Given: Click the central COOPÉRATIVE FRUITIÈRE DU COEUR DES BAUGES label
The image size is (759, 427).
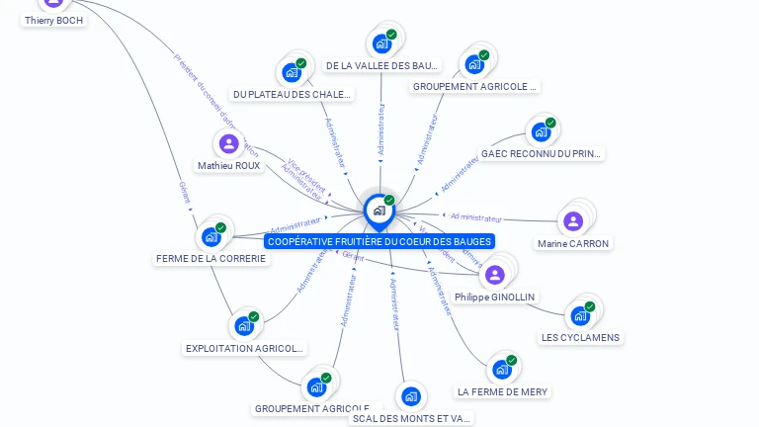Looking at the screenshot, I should coord(379,241).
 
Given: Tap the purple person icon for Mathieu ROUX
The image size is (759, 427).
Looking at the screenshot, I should coord(229,144).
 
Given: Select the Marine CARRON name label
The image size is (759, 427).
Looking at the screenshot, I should coord(573,243).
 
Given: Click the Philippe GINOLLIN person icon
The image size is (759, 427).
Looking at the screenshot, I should coord(495,274).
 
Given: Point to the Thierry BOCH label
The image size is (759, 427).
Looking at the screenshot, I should coord(53,20).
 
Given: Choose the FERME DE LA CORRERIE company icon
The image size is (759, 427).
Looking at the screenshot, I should coord(211,236).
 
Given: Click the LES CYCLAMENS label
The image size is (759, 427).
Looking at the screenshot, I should coord(580,337).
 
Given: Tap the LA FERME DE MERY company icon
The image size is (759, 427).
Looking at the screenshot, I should coord(502,370).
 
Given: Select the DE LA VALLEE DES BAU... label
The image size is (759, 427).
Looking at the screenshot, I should coord(381,66).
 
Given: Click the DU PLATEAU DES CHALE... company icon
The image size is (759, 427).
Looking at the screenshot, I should coord(292,72).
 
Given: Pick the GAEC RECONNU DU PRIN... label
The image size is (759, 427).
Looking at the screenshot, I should coord(541,154).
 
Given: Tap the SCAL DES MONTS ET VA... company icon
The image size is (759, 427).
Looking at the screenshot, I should coord(410,397).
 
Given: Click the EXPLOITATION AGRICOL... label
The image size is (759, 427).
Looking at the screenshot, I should coord(245,348).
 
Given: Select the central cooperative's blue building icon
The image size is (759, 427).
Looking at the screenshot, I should coord(379,210).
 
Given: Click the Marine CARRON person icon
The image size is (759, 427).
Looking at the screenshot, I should coord(572,221).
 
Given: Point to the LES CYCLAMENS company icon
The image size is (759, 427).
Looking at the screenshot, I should coord(580,315).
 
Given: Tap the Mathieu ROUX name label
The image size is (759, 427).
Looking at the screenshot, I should coord(229,166).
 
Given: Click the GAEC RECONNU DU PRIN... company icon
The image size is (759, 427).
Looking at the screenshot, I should coord(541,131).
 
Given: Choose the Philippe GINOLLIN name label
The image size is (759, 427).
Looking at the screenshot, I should coord(495,297).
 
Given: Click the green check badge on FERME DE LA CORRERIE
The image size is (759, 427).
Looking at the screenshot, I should coord(220,228).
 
